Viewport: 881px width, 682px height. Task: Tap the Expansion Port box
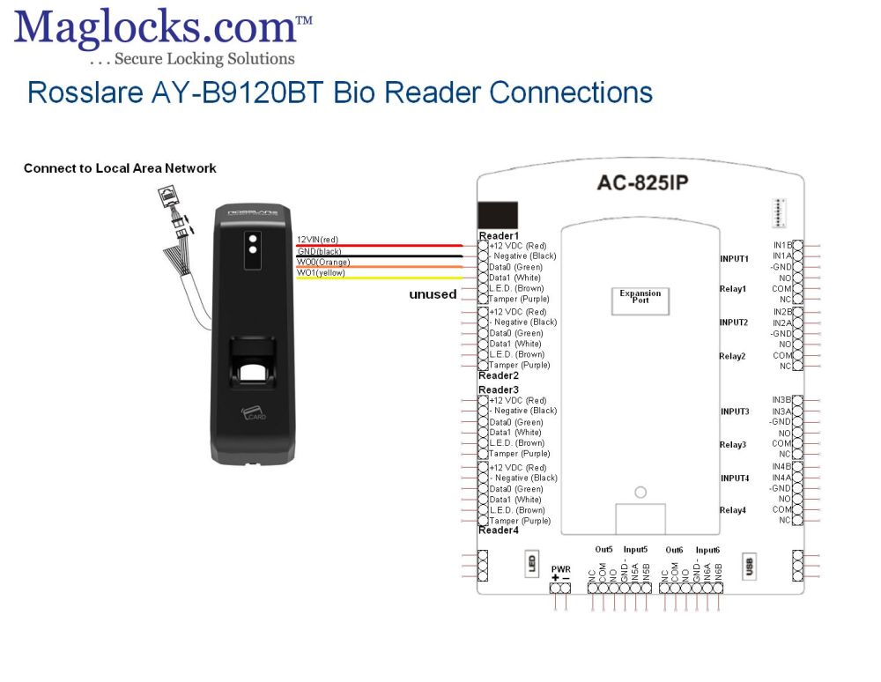(x=640, y=299)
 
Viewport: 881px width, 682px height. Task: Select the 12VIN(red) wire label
(x=317, y=240)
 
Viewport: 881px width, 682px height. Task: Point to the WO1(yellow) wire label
(x=321, y=273)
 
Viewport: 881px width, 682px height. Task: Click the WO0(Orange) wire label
(x=323, y=262)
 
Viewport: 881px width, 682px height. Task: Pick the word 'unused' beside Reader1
(x=433, y=294)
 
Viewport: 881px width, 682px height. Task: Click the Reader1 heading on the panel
(x=499, y=236)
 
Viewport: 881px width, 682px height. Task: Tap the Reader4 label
(x=499, y=530)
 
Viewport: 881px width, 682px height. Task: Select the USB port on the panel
(x=750, y=566)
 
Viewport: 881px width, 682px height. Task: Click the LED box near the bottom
(x=533, y=564)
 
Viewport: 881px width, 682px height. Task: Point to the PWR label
(x=560, y=569)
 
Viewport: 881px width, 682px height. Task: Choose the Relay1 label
(x=733, y=289)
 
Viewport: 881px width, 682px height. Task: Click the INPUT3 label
(x=735, y=411)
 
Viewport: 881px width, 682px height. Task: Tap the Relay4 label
(x=733, y=510)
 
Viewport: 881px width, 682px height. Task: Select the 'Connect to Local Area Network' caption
(x=120, y=168)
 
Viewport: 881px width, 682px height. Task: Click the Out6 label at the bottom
(x=674, y=549)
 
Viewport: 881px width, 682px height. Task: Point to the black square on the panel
(x=498, y=215)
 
